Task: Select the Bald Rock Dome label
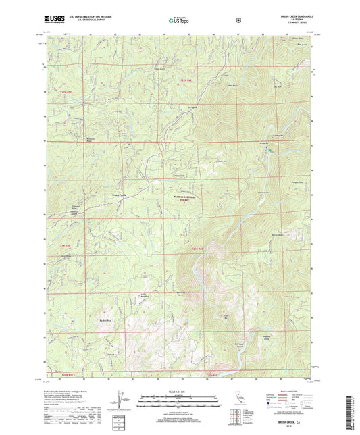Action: point(181,293)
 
